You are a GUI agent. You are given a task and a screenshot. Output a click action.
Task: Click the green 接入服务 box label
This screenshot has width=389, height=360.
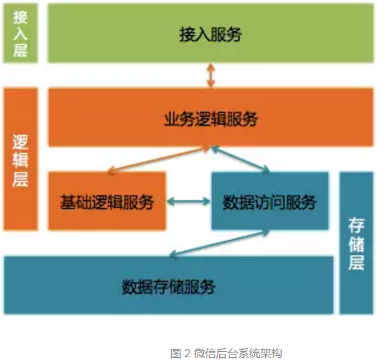[210, 35]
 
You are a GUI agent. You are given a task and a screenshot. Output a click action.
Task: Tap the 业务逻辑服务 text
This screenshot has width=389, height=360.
[211, 119]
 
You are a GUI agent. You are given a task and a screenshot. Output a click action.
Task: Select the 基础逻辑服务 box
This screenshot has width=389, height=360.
[107, 201]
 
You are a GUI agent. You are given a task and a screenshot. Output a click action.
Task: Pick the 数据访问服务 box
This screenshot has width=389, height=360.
[270, 200]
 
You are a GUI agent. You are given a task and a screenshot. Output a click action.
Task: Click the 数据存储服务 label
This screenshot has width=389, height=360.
[169, 287]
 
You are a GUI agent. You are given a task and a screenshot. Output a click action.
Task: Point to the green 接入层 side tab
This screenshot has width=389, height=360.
[20, 33]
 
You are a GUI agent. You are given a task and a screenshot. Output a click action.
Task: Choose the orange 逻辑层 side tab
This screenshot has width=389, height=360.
[21, 159]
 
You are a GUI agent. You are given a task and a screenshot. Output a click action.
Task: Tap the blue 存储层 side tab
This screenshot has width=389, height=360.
[357, 243]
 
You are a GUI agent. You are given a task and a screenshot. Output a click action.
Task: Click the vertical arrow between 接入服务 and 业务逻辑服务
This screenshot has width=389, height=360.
[211, 75]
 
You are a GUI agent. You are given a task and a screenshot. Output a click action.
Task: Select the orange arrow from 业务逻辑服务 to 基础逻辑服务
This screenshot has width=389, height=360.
[159, 160]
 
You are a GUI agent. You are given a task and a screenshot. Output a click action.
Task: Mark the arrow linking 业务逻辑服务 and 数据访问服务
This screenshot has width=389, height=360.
[240, 159]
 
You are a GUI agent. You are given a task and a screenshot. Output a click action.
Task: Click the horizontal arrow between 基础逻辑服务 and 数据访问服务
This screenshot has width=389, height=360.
[189, 201]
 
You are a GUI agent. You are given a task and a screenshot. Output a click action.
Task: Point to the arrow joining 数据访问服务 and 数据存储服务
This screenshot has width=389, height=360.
[219, 245]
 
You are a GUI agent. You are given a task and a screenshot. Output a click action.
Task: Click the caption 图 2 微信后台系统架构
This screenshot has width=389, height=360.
[226, 353]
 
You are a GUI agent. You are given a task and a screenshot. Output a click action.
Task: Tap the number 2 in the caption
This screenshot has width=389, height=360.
[187, 353]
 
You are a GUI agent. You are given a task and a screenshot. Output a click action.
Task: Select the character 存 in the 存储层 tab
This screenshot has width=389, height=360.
[357, 226]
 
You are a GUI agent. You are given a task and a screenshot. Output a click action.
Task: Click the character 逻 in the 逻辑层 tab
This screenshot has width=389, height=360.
[21, 142]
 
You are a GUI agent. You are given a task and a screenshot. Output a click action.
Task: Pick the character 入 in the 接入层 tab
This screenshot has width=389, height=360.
[20, 33]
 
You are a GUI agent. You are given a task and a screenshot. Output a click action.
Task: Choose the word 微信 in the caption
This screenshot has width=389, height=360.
[204, 353]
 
